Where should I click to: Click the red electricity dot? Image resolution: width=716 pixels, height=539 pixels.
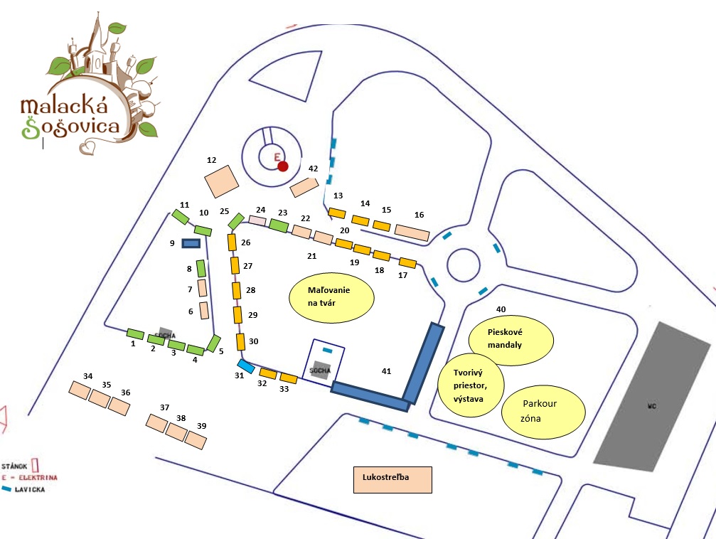click(x=283, y=166)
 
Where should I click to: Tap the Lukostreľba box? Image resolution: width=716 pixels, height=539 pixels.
click(x=392, y=480)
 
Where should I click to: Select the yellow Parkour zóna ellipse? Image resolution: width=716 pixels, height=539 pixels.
click(x=543, y=412)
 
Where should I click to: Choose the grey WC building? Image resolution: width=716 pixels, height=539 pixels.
click(x=653, y=406)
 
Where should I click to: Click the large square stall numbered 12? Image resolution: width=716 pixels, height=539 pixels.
click(x=221, y=181)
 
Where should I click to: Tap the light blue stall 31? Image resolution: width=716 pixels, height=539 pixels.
click(x=245, y=366)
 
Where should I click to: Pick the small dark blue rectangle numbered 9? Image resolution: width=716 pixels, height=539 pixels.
click(x=191, y=243)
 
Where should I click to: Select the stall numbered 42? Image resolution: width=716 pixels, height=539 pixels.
click(x=304, y=187)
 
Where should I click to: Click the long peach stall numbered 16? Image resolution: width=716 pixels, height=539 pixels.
click(x=412, y=233)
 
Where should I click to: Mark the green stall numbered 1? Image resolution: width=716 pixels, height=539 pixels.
click(x=135, y=333)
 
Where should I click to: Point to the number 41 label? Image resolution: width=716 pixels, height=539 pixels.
click(x=386, y=371)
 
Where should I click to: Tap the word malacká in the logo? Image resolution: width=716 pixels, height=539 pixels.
click(x=65, y=107)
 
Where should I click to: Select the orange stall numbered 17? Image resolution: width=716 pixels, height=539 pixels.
click(x=407, y=262)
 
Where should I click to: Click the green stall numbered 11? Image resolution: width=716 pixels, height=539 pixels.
click(x=181, y=215)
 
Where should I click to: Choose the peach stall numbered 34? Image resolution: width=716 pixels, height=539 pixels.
click(x=78, y=389)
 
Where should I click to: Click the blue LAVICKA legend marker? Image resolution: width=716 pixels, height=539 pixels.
click(x=7, y=489)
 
